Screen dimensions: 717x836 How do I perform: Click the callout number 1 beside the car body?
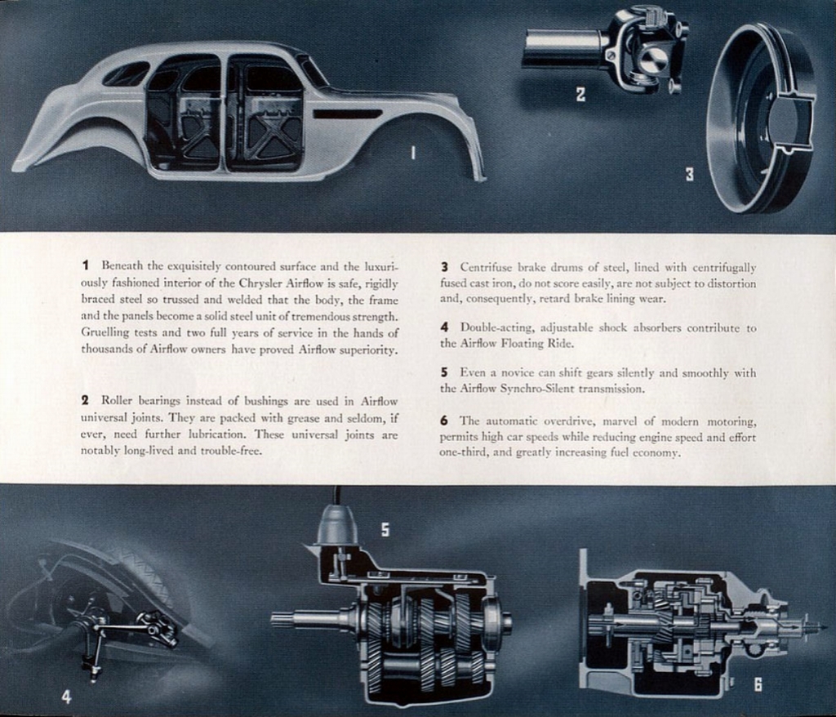(x=413, y=152)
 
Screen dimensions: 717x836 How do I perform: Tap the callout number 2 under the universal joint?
(x=580, y=95)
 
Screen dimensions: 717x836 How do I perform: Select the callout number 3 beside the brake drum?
(x=689, y=174)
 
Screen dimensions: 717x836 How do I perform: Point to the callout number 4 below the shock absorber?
(x=66, y=696)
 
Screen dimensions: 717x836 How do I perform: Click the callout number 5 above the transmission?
(x=385, y=530)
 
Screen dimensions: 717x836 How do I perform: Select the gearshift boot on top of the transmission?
(x=337, y=525)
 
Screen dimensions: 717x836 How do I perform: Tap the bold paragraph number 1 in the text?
(x=86, y=265)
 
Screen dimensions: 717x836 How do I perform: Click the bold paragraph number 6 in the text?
(x=444, y=421)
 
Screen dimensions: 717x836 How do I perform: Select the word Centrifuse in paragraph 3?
(x=487, y=267)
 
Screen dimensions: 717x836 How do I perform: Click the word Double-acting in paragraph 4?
(x=493, y=327)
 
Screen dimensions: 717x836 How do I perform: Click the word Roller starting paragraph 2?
(x=116, y=400)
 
